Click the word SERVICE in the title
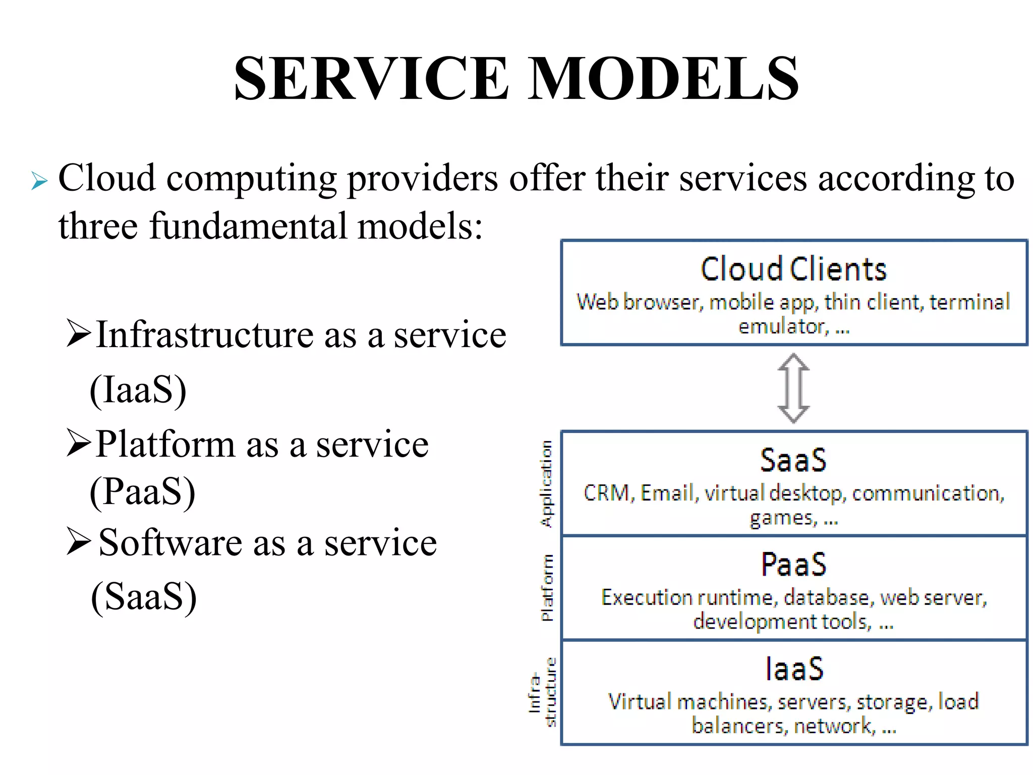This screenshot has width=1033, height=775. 371,79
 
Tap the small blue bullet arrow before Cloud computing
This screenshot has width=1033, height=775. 39,181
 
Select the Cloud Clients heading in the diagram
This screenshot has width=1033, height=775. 793,269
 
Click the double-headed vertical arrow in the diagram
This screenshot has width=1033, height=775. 793,387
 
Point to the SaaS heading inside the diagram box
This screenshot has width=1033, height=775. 793,460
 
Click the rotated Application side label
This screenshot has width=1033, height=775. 546,484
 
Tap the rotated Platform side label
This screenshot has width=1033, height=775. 547,587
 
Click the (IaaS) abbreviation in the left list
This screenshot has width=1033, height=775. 138,390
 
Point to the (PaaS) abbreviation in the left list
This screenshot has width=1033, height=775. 143,491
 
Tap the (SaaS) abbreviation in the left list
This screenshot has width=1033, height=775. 144,597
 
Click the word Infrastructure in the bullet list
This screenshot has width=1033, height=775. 205,335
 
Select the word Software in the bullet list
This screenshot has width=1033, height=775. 170,543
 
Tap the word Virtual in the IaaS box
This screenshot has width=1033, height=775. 639,702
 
